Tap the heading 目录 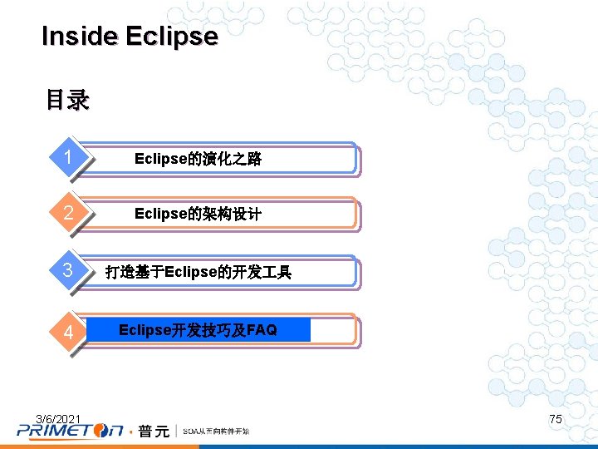click(x=67, y=101)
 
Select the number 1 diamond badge click(x=73, y=158)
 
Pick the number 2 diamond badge click(x=73, y=213)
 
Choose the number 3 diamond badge click(x=73, y=271)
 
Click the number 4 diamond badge click(x=73, y=332)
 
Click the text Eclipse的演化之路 click(x=198, y=159)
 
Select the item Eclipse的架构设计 click(x=198, y=214)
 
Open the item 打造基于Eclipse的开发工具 click(x=199, y=272)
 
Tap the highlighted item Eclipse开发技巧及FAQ click(x=198, y=330)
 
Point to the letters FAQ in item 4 click(x=262, y=330)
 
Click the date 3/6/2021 click(x=58, y=417)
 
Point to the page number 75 click(x=556, y=419)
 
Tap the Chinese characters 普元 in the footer click(x=154, y=431)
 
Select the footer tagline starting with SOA click(x=215, y=431)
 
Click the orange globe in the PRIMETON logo click(x=102, y=430)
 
